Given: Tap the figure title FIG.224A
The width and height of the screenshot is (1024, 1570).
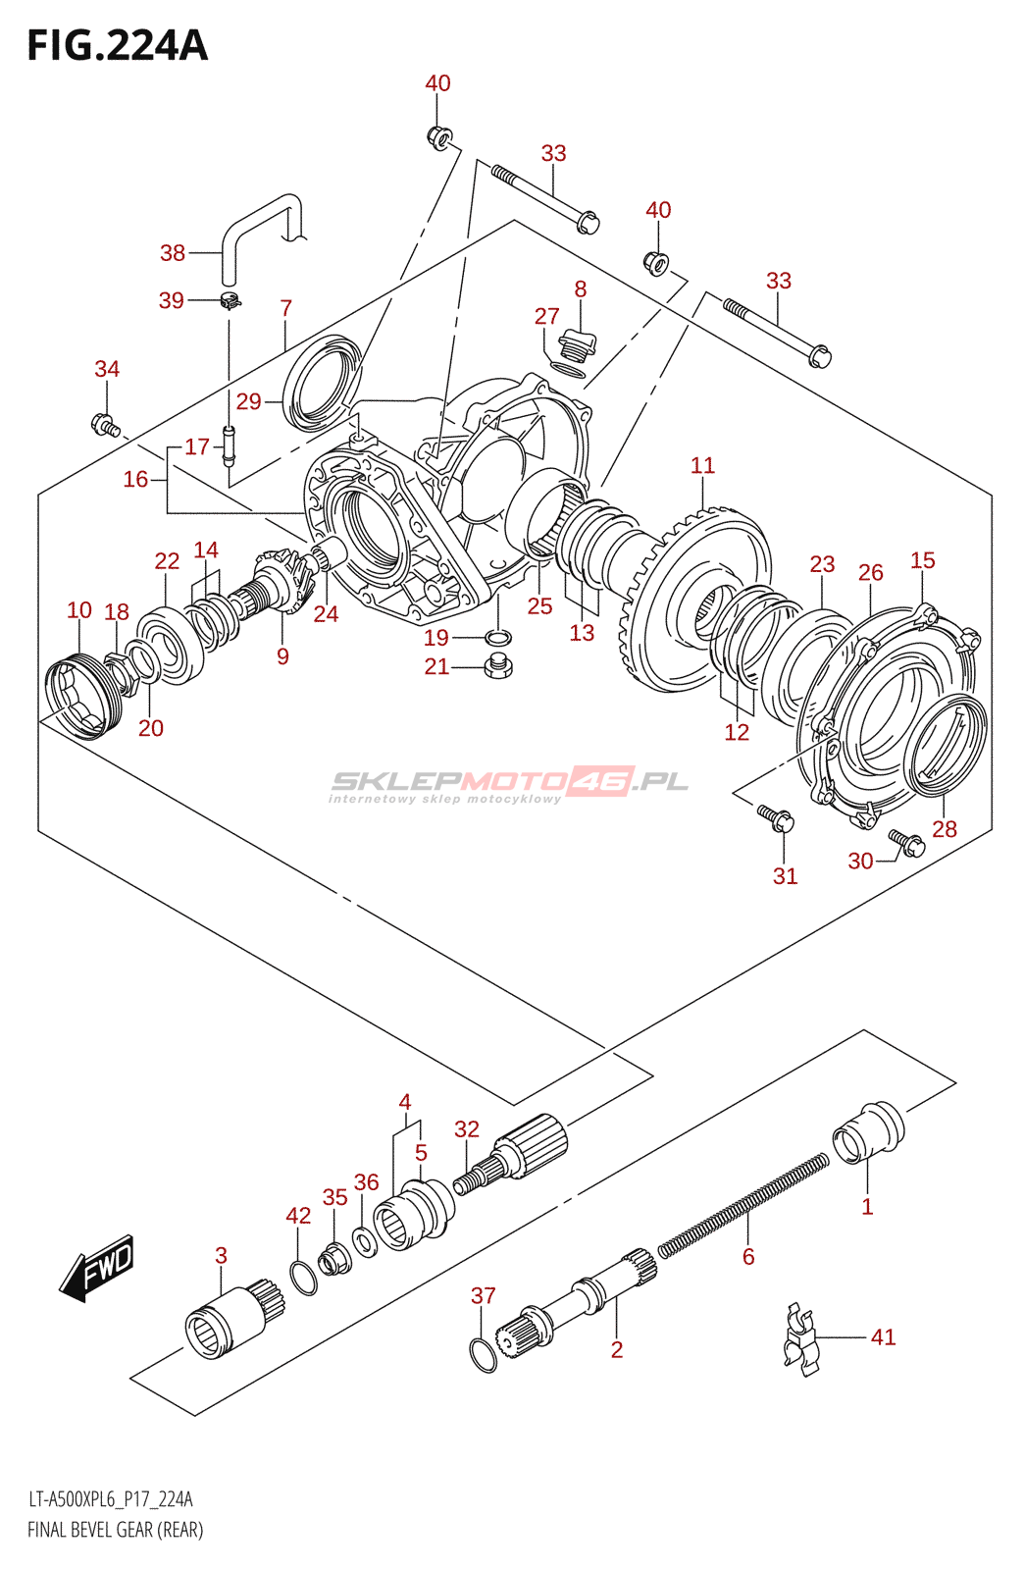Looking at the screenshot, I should tap(118, 46).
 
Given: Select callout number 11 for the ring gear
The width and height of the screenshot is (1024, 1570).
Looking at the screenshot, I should tap(702, 465).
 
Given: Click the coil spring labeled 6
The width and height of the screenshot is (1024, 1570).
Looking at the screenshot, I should tap(743, 1205).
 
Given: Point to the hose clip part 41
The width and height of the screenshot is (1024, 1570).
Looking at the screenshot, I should tap(800, 1338).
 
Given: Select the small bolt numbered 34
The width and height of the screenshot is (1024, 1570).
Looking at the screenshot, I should tap(104, 425).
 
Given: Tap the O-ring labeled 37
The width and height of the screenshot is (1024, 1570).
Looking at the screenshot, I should tap(484, 1355).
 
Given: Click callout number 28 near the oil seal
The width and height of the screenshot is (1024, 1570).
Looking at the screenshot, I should tap(944, 829).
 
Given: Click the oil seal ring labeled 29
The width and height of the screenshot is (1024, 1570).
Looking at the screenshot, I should tap(323, 383).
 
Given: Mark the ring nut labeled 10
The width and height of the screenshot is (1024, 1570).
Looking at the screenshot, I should tap(80, 697).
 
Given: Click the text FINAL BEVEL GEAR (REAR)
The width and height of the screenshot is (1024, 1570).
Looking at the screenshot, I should tap(116, 1530).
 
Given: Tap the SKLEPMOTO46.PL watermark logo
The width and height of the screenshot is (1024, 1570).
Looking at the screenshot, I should tap(509, 783).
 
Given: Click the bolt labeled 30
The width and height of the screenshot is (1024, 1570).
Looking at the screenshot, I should tap(906, 842).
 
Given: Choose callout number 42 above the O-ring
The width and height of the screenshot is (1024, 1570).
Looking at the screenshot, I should tap(298, 1216).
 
